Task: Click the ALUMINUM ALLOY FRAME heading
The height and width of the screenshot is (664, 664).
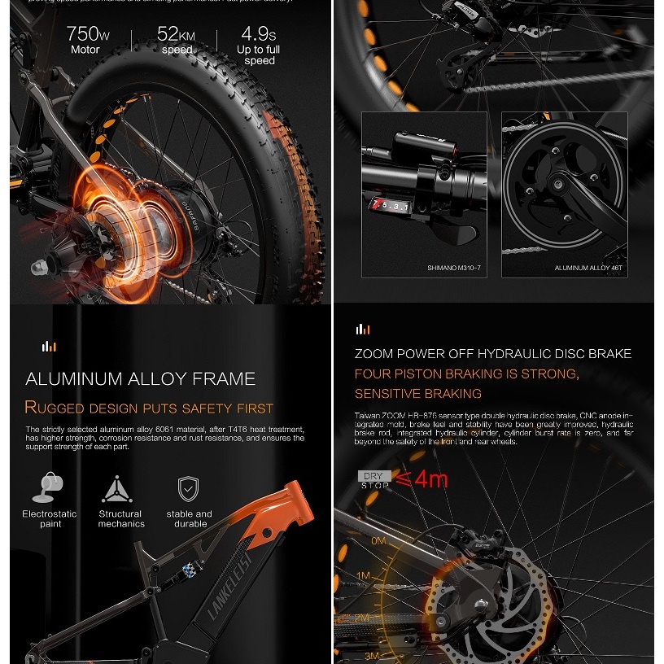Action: tap(140, 378)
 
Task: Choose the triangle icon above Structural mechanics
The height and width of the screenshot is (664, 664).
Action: tap(117, 489)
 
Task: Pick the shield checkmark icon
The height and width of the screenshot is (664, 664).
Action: tap(189, 489)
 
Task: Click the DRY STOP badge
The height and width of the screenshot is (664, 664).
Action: tap(374, 479)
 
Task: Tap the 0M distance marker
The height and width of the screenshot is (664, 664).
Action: tap(378, 540)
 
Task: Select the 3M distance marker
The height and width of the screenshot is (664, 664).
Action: tap(373, 655)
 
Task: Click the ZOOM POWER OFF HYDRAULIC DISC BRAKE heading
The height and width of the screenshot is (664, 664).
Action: tap(493, 353)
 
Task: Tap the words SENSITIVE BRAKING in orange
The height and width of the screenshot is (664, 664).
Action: tap(418, 394)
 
